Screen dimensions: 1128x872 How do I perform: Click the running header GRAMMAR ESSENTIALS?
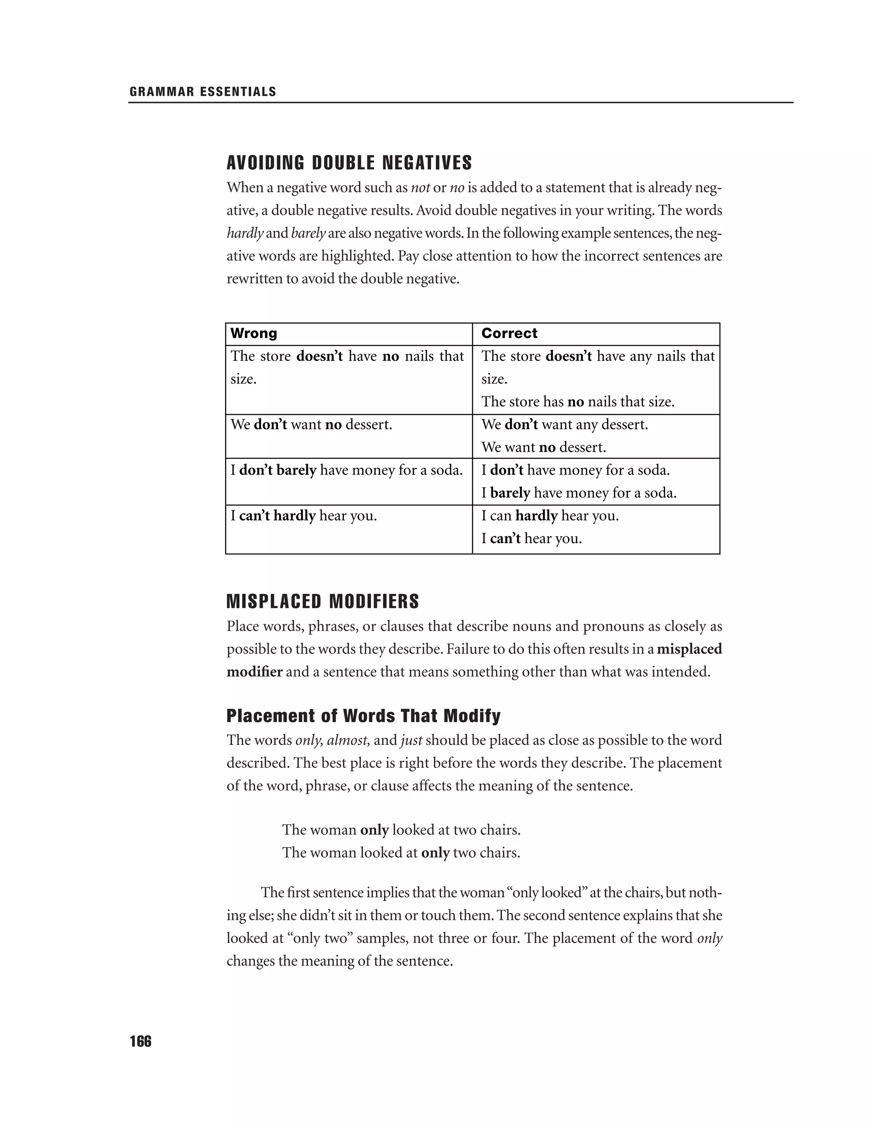(x=203, y=92)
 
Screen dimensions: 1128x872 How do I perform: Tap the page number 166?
(x=141, y=1042)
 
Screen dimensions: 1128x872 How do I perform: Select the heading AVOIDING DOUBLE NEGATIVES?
(x=349, y=163)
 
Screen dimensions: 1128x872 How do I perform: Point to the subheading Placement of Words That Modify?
(x=364, y=716)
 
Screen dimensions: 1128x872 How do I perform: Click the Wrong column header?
(x=254, y=333)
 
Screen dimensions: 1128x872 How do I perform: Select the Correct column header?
(x=509, y=333)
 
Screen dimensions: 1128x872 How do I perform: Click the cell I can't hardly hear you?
(x=303, y=515)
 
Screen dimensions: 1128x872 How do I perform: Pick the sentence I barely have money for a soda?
(x=579, y=493)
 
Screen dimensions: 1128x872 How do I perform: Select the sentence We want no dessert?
(x=543, y=447)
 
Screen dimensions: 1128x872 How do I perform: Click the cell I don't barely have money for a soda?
(x=346, y=470)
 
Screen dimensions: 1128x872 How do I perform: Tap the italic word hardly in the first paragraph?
(x=245, y=233)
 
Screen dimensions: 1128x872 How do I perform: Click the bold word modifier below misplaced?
(x=255, y=672)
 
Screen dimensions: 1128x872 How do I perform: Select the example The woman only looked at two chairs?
(x=401, y=830)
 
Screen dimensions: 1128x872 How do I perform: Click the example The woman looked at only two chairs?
(x=401, y=852)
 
